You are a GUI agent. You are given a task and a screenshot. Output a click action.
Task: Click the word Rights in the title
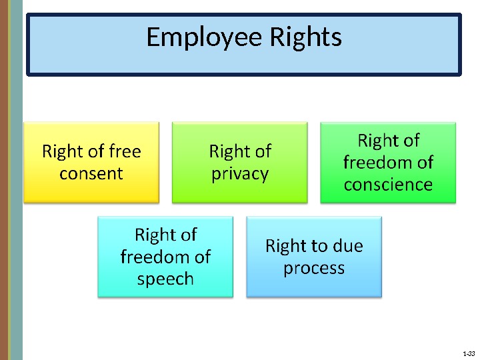click(305, 38)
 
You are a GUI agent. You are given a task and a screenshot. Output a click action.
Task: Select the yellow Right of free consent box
click(91, 162)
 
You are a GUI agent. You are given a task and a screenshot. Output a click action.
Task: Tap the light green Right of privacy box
click(240, 162)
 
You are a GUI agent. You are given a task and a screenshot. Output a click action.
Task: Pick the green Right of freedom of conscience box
click(388, 162)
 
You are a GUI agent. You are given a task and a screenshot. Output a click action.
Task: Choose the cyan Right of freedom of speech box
click(165, 257)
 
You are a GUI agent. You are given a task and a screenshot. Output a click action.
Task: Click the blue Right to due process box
click(314, 257)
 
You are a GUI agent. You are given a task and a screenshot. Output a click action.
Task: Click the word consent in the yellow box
click(91, 173)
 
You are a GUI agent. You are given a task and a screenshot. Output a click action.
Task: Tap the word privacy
click(240, 174)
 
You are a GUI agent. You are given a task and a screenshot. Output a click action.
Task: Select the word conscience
click(388, 184)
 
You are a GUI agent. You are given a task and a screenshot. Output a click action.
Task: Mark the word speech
click(165, 279)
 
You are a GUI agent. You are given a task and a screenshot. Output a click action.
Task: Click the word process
click(314, 268)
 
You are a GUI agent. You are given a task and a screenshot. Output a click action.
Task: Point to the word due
click(347, 246)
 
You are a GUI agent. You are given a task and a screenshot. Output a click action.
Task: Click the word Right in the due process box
click(285, 246)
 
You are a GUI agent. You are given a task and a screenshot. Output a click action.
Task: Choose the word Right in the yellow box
click(61, 151)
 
